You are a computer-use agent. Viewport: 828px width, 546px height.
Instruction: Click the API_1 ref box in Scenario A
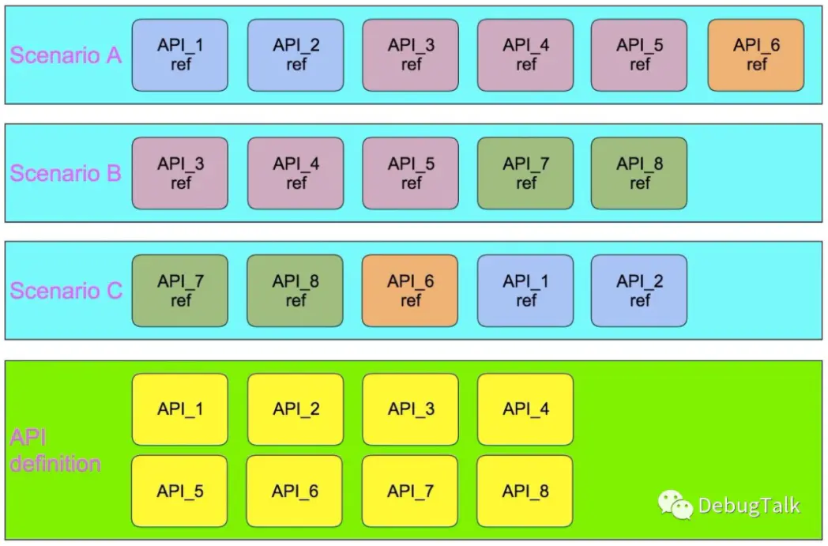click(180, 55)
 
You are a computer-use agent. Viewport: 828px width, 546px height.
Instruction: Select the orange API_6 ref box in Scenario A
click(756, 55)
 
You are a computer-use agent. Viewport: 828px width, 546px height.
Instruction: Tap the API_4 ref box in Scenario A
click(526, 55)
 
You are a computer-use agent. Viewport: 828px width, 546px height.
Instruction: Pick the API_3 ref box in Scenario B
click(180, 173)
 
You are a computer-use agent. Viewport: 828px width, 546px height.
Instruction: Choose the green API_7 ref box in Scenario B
click(526, 173)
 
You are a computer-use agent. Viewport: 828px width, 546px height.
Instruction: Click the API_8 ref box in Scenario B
click(639, 173)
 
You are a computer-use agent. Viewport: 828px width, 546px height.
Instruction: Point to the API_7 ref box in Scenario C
click(180, 290)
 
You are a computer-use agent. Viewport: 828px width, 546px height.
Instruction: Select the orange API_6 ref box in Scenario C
click(410, 290)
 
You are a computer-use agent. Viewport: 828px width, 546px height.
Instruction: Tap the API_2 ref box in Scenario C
click(639, 290)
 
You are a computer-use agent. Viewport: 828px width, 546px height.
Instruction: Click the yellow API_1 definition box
click(180, 409)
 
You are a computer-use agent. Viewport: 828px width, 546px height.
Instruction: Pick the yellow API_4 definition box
click(526, 409)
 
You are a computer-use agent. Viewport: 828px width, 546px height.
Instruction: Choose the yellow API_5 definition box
click(180, 491)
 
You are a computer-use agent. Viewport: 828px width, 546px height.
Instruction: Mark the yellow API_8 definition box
click(526, 491)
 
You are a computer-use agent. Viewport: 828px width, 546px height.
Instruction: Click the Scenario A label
click(66, 55)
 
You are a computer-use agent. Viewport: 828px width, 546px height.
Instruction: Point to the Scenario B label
click(66, 173)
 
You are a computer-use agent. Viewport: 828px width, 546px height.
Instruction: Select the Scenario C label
click(66, 290)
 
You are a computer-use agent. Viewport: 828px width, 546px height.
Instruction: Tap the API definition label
click(55, 450)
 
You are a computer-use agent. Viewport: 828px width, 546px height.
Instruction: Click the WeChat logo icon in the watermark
click(676, 504)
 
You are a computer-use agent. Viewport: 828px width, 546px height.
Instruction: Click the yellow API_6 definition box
click(295, 491)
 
